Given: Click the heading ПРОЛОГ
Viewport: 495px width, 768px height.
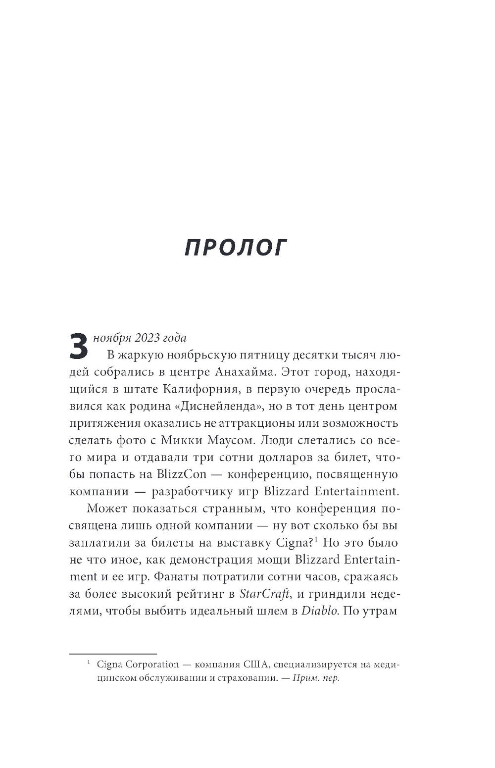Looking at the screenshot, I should pos(236,248).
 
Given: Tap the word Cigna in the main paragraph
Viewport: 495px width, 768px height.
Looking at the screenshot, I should pos(290,543).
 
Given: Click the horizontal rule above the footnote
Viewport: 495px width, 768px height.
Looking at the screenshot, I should pos(112,653).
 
